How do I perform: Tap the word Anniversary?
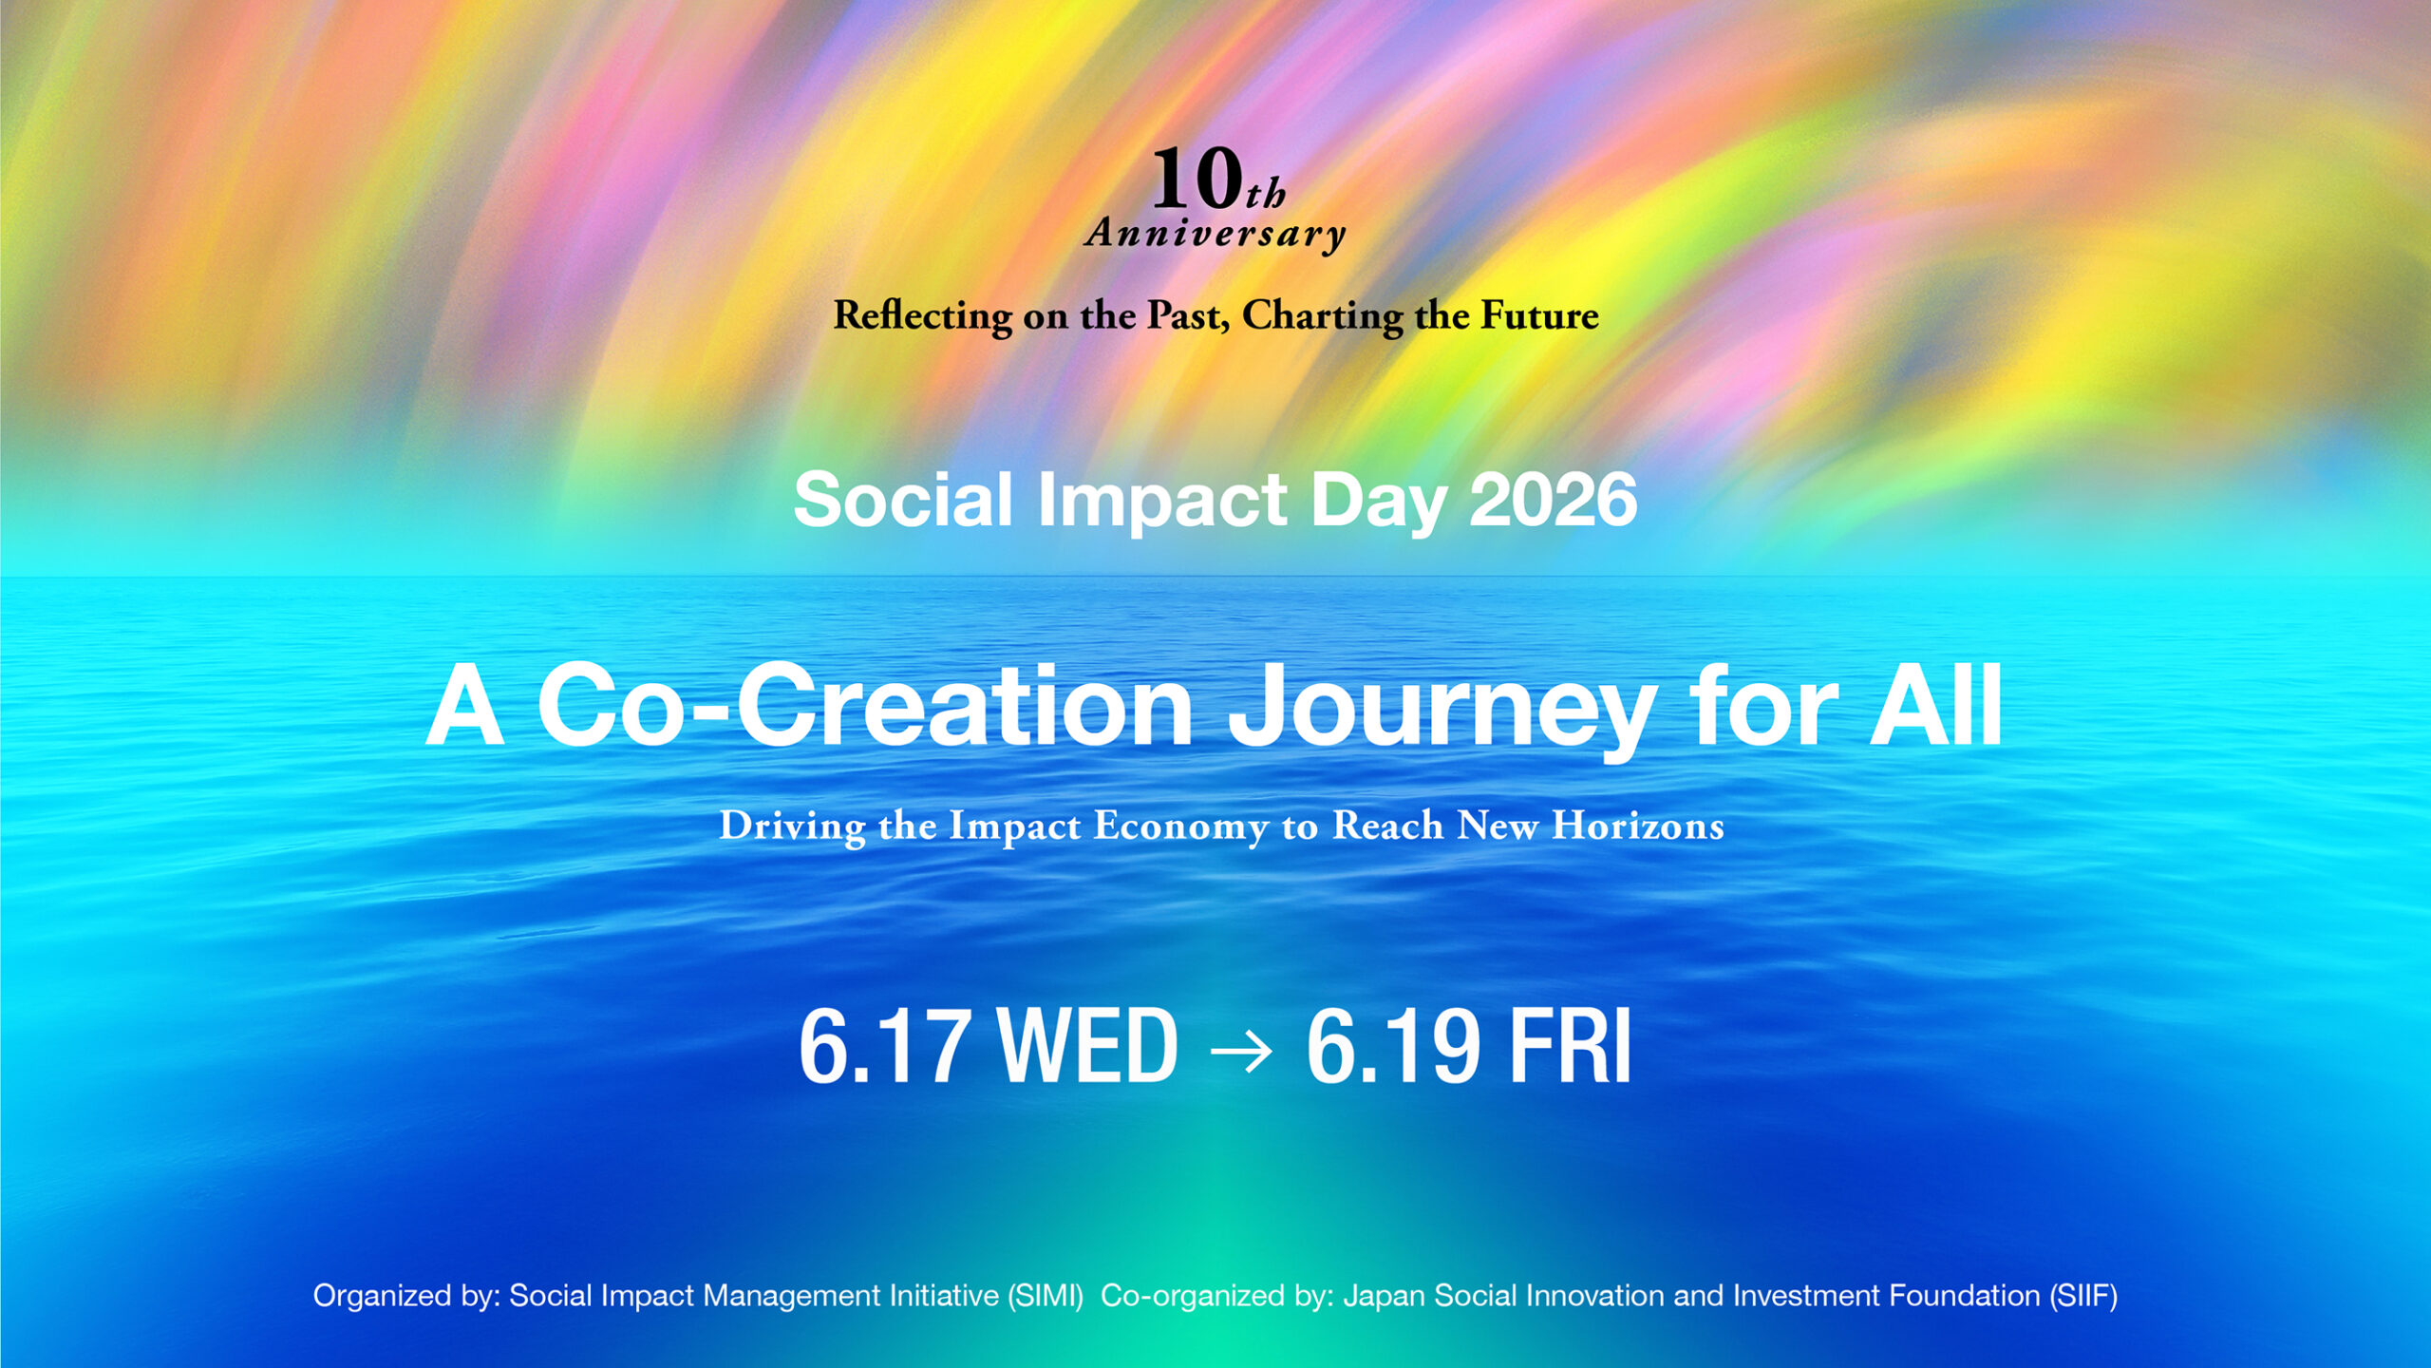[x=1215, y=234]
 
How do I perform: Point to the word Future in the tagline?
[x=1539, y=315]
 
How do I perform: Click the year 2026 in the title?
[x=1553, y=500]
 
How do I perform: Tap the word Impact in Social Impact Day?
[x=1161, y=502]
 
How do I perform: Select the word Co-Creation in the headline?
[x=864, y=708]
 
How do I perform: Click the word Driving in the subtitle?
[x=792, y=826]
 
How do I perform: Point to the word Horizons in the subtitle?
[x=1637, y=826]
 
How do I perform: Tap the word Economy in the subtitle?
[x=1180, y=826]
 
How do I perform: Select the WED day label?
[x=1088, y=1046]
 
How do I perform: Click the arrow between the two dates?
[x=1242, y=1051]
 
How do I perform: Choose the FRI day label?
[x=1570, y=1046]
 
